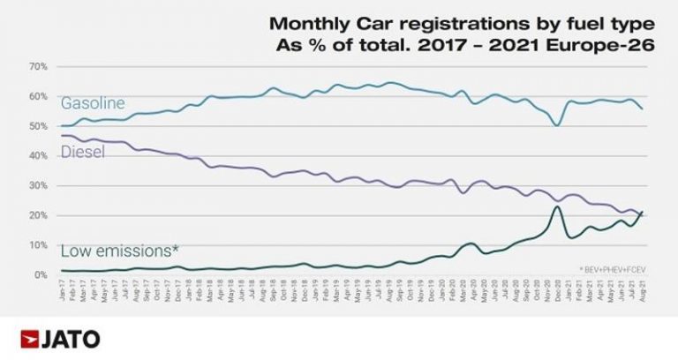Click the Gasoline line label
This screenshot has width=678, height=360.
(93, 103)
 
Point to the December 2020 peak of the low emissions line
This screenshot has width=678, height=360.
(556, 206)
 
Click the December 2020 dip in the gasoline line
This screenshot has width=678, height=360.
(556, 125)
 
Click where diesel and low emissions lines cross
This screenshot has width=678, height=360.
(639, 214)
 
